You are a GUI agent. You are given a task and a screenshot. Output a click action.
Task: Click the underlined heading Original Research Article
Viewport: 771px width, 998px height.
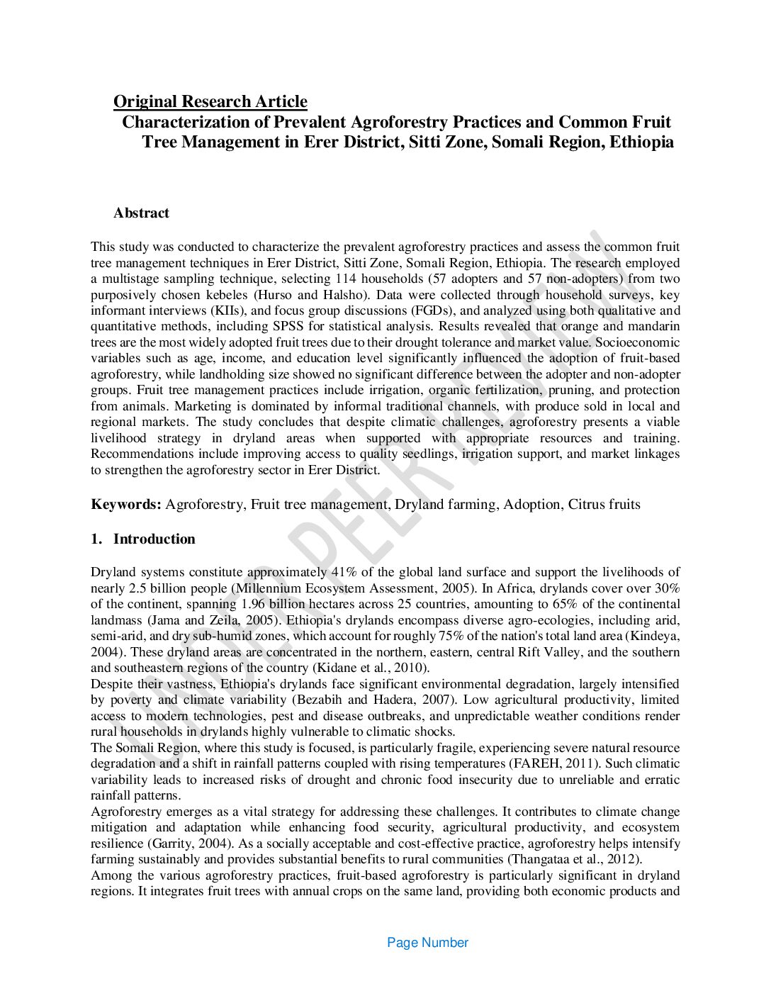point(210,101)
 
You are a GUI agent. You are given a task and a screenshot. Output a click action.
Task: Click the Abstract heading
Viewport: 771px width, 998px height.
point(141,213)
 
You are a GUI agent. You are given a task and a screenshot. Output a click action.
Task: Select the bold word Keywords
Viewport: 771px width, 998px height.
point(125,505)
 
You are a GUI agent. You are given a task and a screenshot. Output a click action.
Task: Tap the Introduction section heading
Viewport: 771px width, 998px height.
point(154,539)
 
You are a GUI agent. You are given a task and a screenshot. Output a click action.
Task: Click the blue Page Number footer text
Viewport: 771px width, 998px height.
point(427,942)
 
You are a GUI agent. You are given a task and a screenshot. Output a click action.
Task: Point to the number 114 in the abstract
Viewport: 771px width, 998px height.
point(346,279)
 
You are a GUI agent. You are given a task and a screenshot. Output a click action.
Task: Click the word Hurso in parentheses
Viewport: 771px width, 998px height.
point(276,295)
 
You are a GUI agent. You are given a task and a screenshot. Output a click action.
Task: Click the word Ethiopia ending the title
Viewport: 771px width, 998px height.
point(641,142)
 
